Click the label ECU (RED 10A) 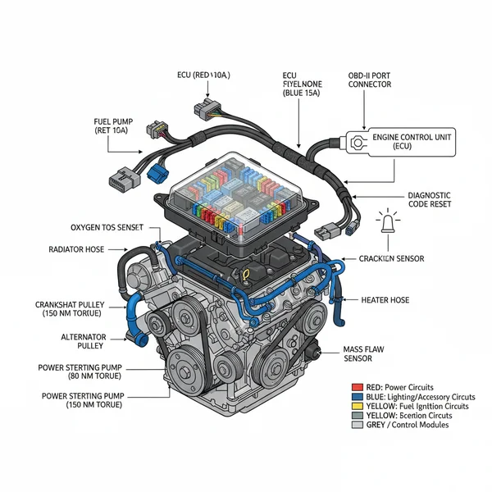pos(203,75)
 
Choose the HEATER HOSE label pos(385,300)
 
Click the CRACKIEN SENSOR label pos(393,258)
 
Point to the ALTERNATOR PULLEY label pos(83,342)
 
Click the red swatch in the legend pos(355,386)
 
